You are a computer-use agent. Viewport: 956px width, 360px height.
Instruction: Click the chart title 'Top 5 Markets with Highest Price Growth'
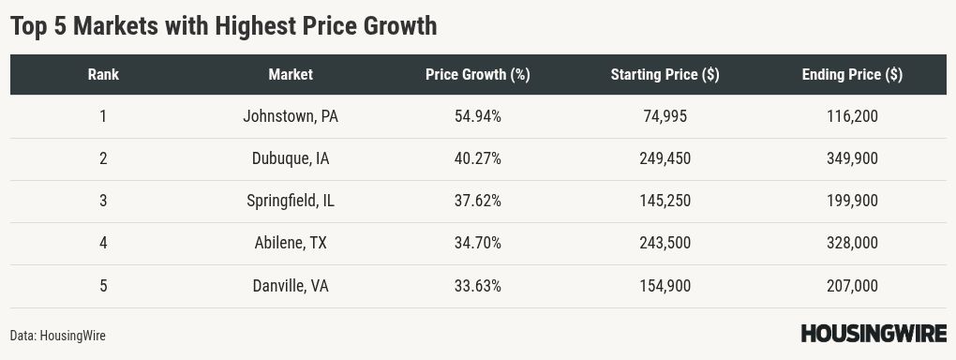pyautogui.click(x=223, y=26)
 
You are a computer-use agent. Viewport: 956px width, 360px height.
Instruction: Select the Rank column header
pyautogui.click(x=103, y=75)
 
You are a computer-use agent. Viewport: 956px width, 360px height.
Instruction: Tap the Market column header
pyautogui.click(x=291, y=75)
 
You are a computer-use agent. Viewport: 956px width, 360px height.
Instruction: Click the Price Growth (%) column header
pyautogui.click(x=477, y=75)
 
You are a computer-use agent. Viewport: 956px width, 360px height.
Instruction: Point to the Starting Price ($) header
pyautogui.click(x=665, y=75)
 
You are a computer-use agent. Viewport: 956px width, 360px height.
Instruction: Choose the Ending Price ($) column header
pyautogui.click(x=852, y=75)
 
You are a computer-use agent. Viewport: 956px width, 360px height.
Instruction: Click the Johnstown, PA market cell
pyautogui.click(x=291, y=116)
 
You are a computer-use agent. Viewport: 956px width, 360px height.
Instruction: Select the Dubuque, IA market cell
pyautogui.click(x=291, y=158)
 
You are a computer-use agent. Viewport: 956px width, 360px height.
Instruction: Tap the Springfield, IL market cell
pyautogui.click(x=291, y=201)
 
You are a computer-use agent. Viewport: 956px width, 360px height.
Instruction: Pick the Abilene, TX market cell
pyautogui.click(x=291, y=243)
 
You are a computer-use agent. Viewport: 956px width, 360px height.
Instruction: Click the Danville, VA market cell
pyautogui.click(x=291, y=286)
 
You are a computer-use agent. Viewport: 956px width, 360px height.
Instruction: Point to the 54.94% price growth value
pyautogui.click(x=477, y=116)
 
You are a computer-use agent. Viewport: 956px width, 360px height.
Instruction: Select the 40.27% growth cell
pyautogui.click(x=477, y=158)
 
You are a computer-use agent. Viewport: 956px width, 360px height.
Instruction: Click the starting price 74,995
pyautogui.click(x=665, y=116)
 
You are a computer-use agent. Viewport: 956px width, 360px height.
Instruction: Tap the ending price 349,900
pyautogui.click(x=852, y=158)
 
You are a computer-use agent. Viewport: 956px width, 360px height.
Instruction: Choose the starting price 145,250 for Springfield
pyautogui.click(x=665, y=201)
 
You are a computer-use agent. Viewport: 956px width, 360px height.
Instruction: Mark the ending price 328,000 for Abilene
pyautogui.click(x=852, y=243)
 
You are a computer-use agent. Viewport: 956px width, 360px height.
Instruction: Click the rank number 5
pyautogui.click(x=103, y=286)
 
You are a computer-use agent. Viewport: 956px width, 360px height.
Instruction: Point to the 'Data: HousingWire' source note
pyautogui.click(x=58, y=335)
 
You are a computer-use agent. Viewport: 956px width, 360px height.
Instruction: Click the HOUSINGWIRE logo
pyautogui.click(x=873, y=333)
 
